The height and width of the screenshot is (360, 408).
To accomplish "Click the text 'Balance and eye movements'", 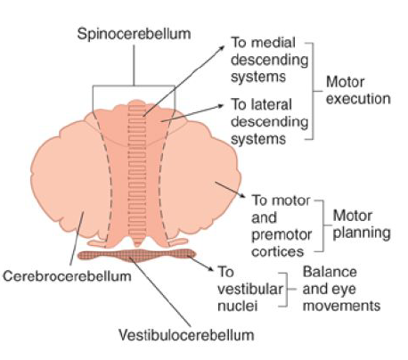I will click(341, 289).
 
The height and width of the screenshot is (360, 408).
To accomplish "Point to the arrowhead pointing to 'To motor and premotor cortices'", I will click(244, 199).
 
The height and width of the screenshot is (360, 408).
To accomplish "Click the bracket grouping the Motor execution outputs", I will click(313, 89).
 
